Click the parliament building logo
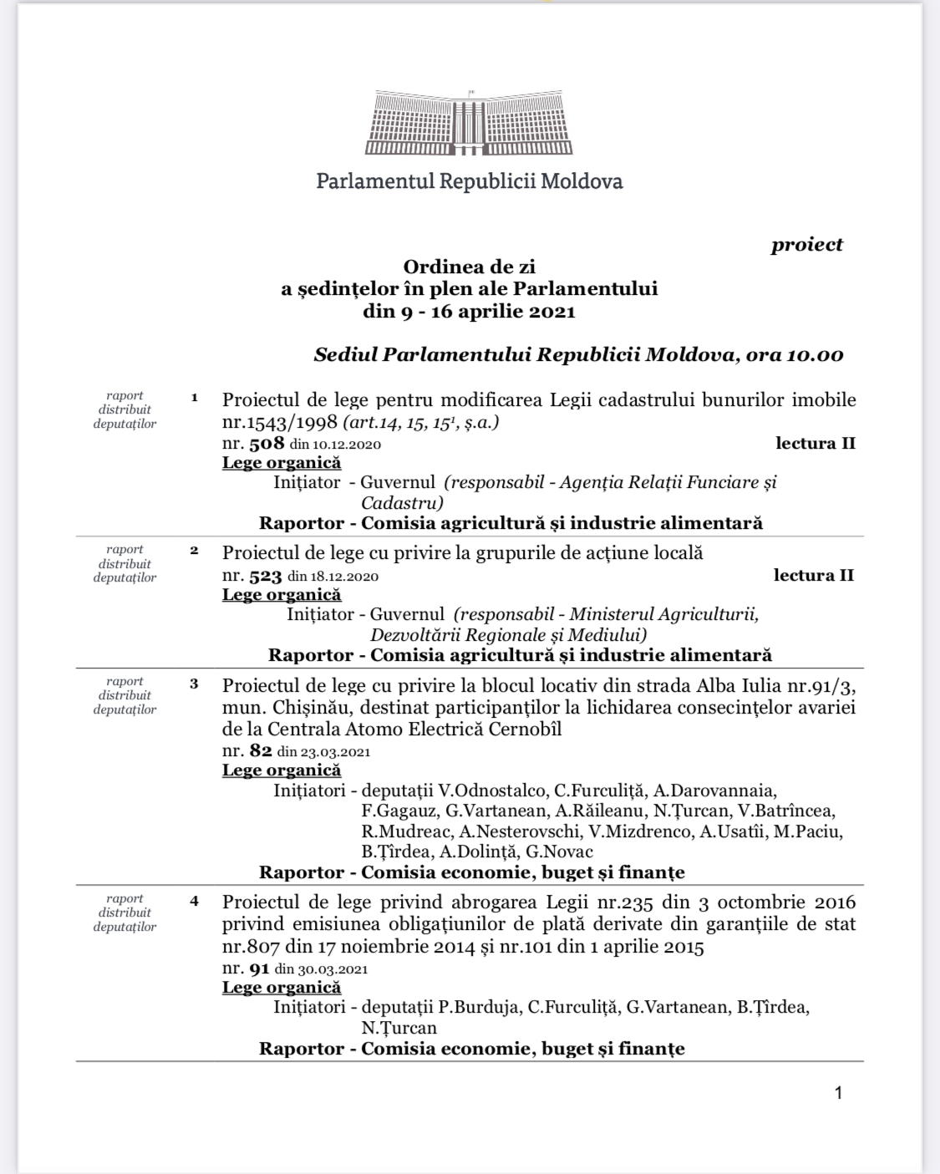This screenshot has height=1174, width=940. tap(469, 122)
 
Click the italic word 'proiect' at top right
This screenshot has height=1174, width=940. tap(806, 245)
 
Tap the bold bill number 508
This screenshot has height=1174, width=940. tap(267, 443)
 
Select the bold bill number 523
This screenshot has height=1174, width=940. tap(265, 576)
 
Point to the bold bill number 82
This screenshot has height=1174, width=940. tap(261, 750)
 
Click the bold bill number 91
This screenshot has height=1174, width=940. tap(260, 968)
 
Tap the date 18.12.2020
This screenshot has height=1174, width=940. tap(333, 577)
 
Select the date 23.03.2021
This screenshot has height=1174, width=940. tap(323, 751)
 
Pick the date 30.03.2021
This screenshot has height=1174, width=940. tap(322, 969)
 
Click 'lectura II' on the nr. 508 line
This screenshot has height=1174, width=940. tap(816, 444)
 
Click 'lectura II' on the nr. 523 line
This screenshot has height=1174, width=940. tap(814, 576)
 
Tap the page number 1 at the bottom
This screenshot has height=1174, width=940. tap(838, 1093)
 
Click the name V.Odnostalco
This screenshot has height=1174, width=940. tap(492, 790)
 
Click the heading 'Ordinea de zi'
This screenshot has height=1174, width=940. tap(469, 267)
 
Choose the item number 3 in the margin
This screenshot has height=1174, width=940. tap(194, 684)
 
